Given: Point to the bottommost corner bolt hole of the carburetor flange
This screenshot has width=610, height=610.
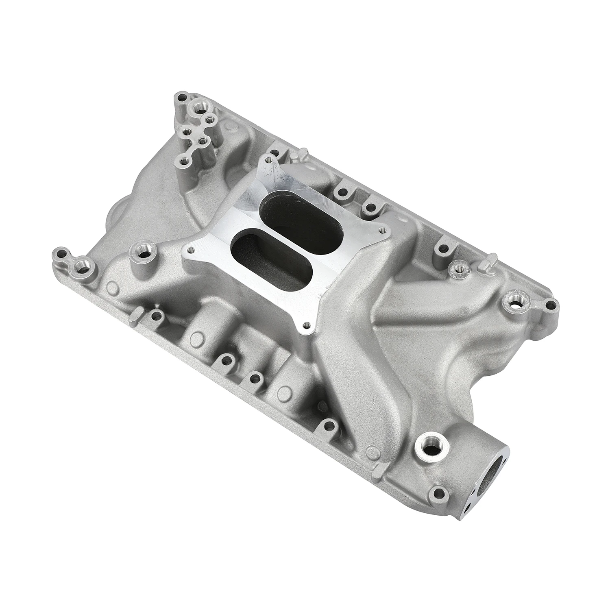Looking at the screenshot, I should point(307,325).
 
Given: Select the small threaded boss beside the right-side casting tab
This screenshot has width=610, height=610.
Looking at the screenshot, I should point(460,267).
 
